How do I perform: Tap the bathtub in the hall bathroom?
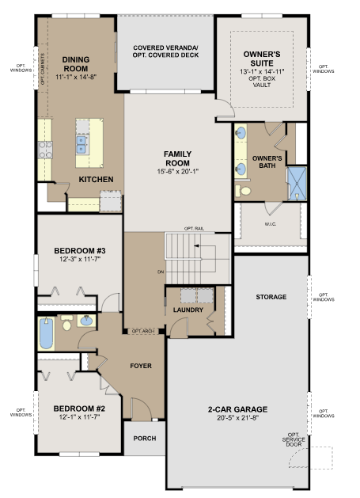point(47,333)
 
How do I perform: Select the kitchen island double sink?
point(81,145)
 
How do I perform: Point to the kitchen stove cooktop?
point(45,150)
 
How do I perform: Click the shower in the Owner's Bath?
point(297,184)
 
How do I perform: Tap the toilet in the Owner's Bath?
point(243,191)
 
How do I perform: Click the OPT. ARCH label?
point(143,331)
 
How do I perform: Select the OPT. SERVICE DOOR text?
point(294,439)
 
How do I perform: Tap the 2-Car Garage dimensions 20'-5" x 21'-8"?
point(238,418)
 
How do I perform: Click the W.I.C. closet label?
point(271,224)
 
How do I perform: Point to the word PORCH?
point(145,439)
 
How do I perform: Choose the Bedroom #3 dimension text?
point(80,259)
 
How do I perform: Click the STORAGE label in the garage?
point(271,297)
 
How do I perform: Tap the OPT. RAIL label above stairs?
point(194,229)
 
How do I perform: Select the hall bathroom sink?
point(86,321)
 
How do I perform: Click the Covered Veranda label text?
point(165,51)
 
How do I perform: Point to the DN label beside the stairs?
point(161,272)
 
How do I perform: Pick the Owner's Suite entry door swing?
point(225,108)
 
